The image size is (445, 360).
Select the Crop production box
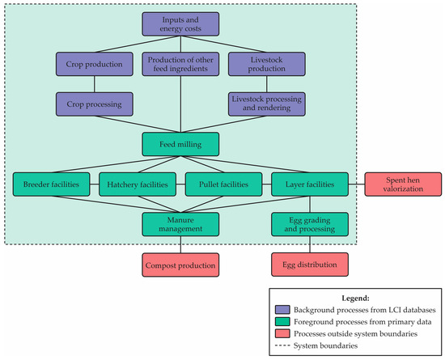click(94, 64)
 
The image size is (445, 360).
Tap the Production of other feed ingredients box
click(180, 64)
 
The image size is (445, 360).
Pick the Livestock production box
click(265, 64)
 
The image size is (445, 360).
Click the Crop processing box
click(94, 103)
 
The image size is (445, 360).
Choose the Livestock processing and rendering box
click(265, 103)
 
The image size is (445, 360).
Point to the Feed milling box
click(180, 144)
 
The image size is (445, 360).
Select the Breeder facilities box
click(52, 184)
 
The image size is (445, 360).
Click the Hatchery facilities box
click(137, 184)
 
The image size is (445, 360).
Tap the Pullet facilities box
click(222, 184)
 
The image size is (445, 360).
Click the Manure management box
click(180, 224)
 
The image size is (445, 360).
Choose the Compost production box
click(180, 265)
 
